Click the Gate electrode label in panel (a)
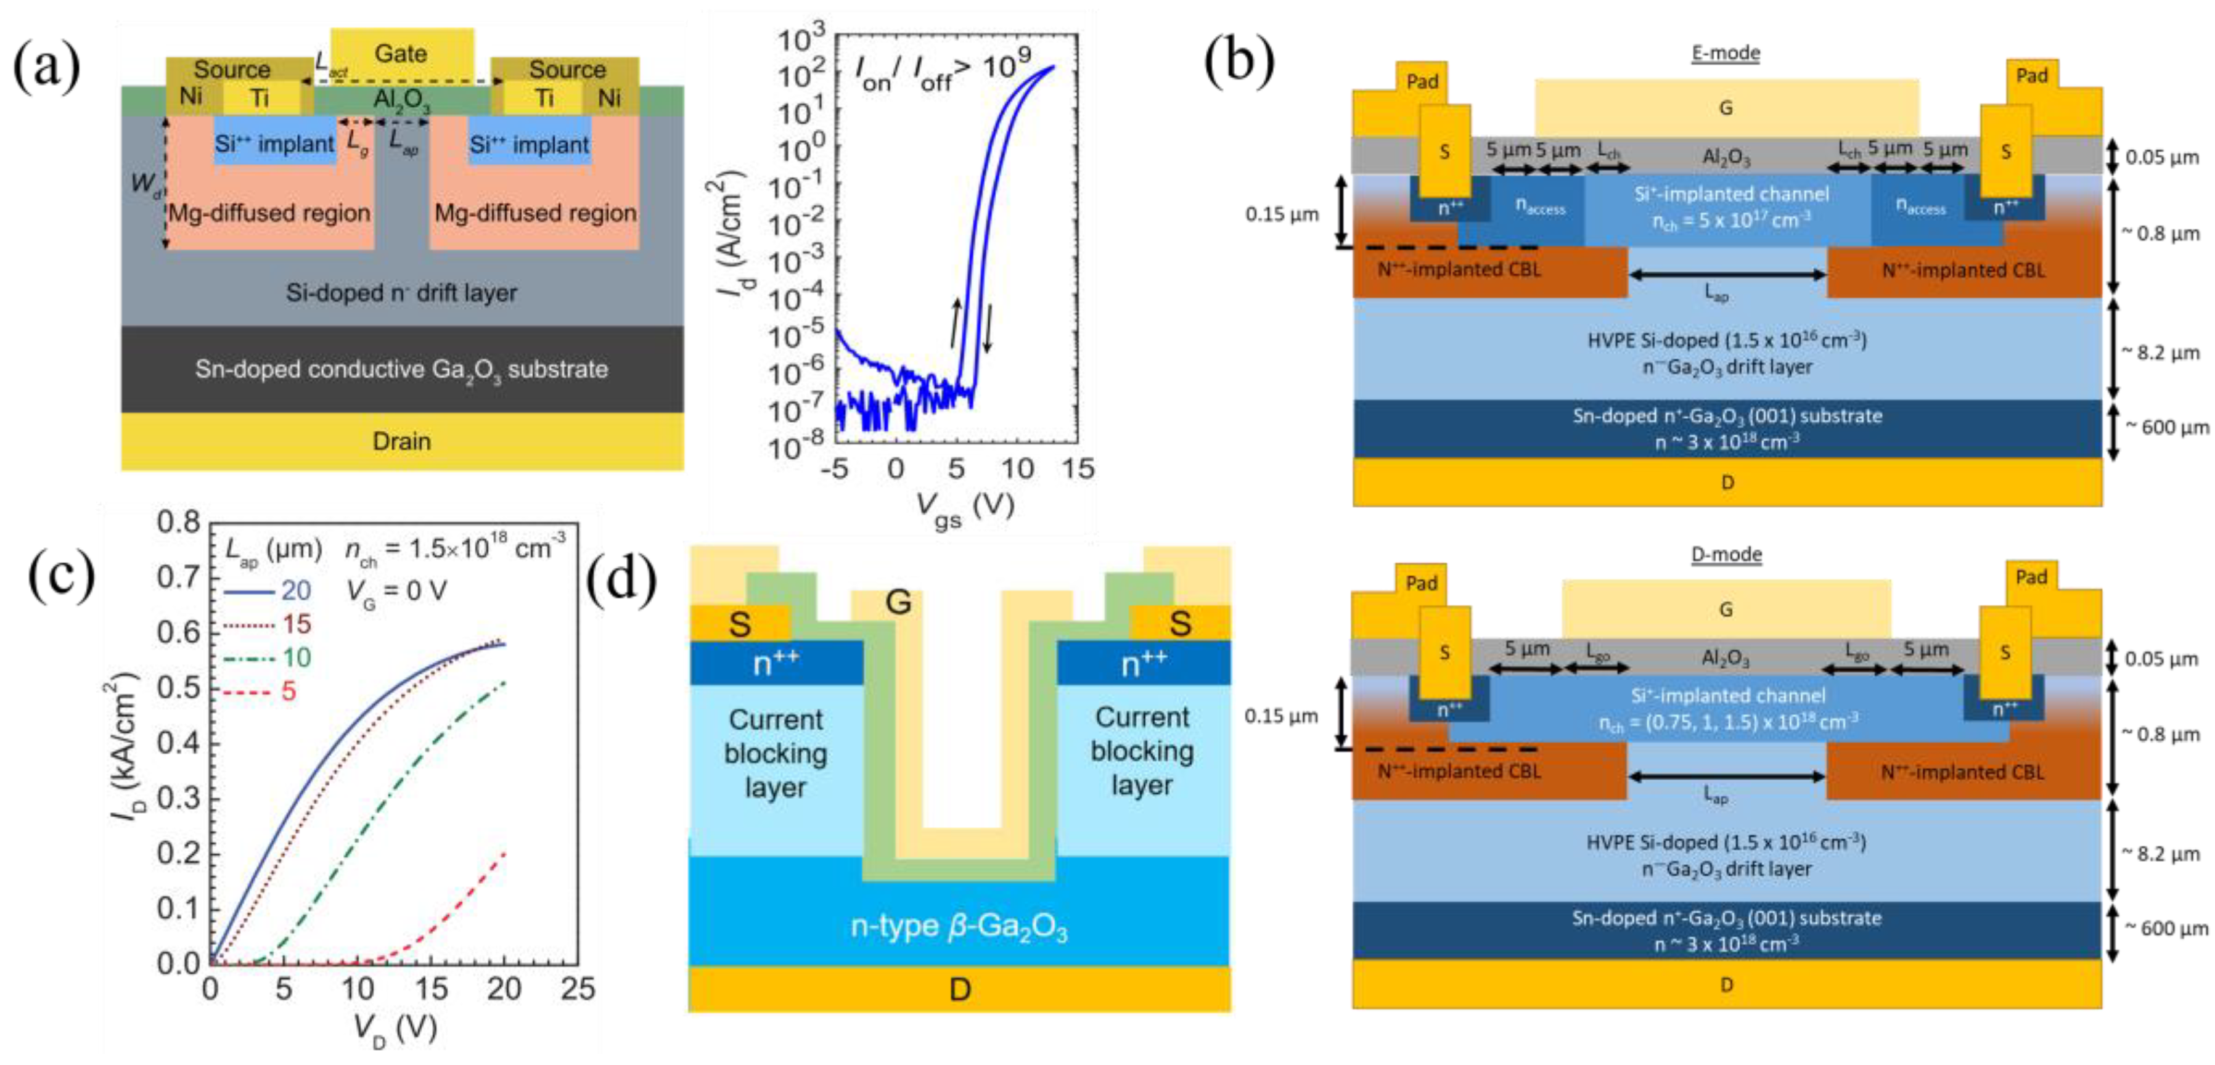click(401, 53)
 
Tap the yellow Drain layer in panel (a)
click(401, 441)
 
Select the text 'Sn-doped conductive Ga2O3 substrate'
click(401, 370)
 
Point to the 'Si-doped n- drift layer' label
click(401, 293)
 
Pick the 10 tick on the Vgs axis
click(1017, 468)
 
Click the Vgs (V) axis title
click(965, 509)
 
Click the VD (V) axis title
click(395, 1028)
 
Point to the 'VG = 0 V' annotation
click(396, 590)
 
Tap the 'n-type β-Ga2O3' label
click(959, 926)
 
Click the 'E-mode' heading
click(1726, 52)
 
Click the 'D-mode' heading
click(1726, 555)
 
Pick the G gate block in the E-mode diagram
click(1726, 107)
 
